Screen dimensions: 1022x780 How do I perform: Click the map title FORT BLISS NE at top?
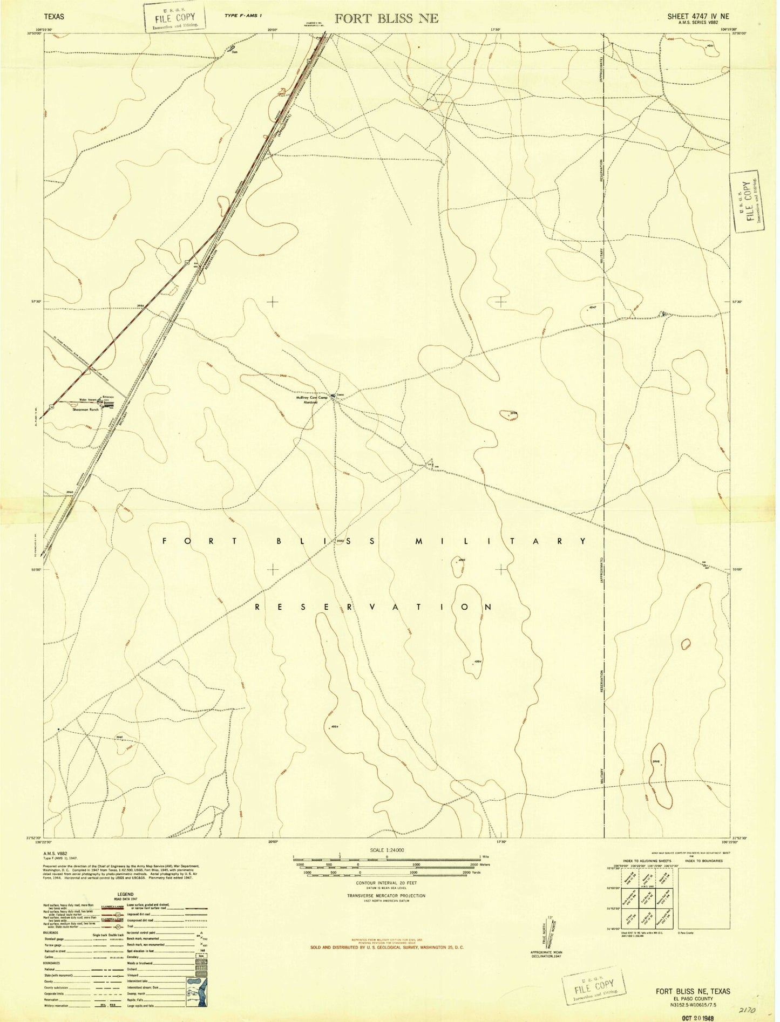[386, 18]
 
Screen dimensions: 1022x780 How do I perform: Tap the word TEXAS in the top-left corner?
[53, 17]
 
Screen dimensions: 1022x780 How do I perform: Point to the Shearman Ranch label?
[89, 410]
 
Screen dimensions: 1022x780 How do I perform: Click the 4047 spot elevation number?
[592, 307]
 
